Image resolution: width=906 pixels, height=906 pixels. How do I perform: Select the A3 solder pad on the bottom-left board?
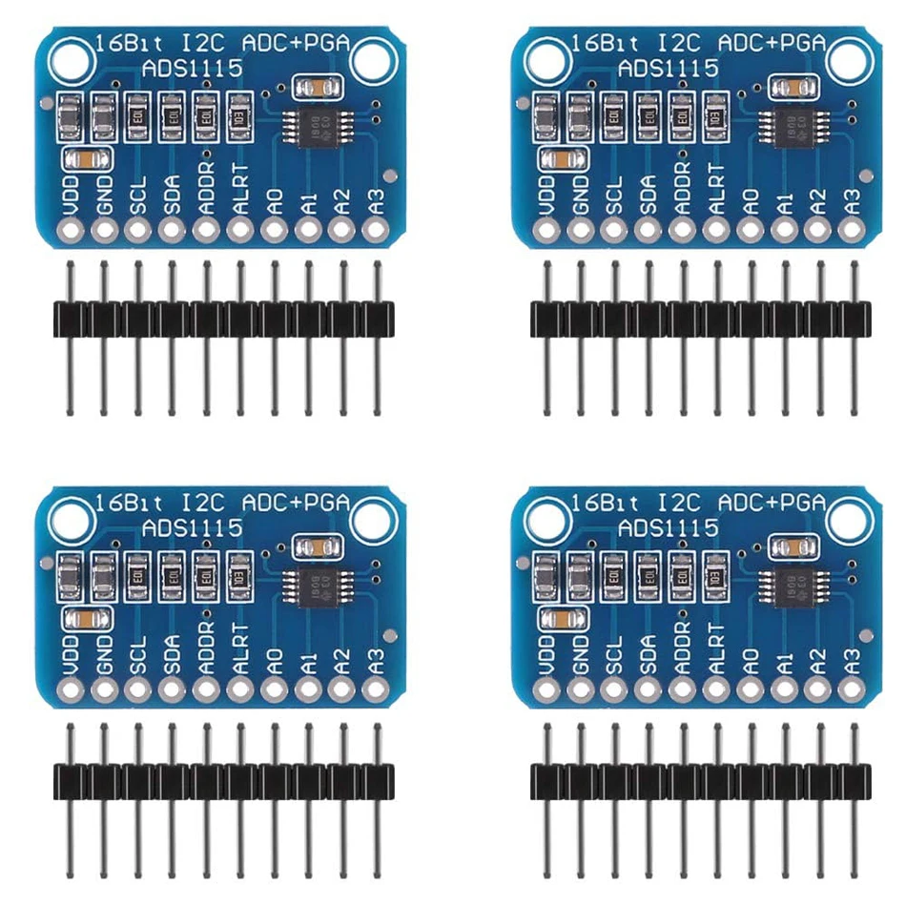(x=377, y=687)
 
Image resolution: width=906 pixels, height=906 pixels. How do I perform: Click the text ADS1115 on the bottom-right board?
(x=668, y=527)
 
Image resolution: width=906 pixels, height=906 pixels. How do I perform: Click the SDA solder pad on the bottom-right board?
(x=649, y=687)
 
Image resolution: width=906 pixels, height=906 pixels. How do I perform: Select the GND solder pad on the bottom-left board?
(x=104, y=687)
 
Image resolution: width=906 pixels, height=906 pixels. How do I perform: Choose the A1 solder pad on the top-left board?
(x=308, y=230)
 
